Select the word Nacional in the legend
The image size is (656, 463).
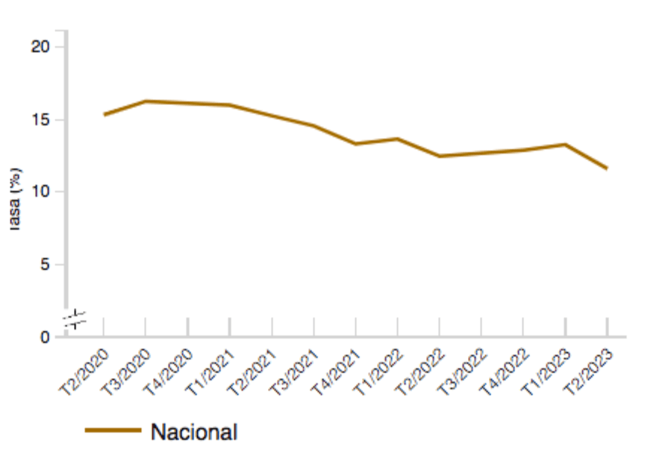point(194,432)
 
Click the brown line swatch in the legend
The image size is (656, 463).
point(113,430)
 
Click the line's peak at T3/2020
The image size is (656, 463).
point(146,101)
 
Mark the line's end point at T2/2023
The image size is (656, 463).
point(607,168)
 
